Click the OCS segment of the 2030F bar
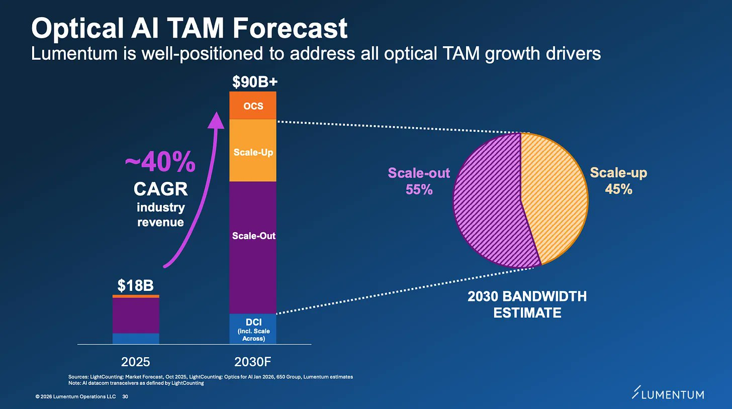252,105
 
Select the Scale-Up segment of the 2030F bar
252,150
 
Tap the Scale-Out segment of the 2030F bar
252,248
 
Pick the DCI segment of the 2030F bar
252,329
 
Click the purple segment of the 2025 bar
136,316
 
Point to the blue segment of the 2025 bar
136,339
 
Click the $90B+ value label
255,82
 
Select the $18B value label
136,285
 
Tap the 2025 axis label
136,362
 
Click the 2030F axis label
252,362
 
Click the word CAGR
161,189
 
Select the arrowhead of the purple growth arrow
216,120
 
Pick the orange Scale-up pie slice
556,196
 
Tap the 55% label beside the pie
419,189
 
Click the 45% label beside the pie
618,189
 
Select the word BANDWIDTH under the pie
544,296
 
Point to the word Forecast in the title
290,28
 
